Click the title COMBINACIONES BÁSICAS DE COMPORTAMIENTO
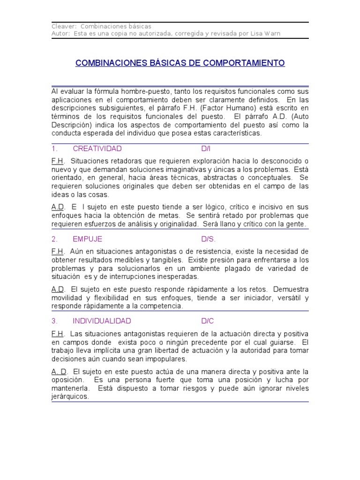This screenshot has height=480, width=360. tap(180, 63)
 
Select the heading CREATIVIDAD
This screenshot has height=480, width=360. tap(97, 149)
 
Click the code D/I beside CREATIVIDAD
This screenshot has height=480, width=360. tap(206, 149)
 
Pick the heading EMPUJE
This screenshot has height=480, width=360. tap(87, 239)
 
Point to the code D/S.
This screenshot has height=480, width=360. tap(209, 239)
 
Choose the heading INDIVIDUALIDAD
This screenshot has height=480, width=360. tap(102, 321)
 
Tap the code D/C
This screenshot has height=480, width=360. tap(208, 321)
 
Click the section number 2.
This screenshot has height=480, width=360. tap(54, 239)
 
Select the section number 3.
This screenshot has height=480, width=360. tap(54, 321)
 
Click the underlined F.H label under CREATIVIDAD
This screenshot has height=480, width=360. tap(57, 161)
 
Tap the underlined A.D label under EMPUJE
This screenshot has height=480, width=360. tap(58, 289)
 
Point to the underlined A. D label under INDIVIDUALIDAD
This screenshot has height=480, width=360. tap(59, 371)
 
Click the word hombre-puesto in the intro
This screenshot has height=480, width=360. tap(134, 91)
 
